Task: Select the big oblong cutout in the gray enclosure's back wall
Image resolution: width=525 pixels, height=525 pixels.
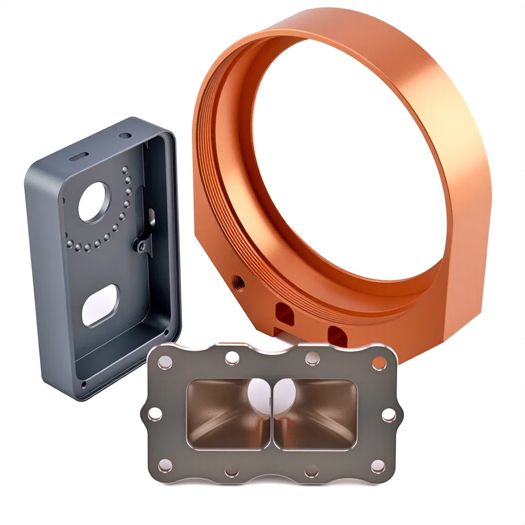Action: [101, 304]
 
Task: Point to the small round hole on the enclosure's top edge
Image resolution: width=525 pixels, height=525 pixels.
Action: [125, 135]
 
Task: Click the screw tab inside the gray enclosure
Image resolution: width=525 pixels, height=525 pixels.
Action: [140, 244]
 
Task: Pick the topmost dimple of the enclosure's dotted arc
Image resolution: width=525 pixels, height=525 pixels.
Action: [125, 169]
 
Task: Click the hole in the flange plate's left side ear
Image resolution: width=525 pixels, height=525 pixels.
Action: [154, 415]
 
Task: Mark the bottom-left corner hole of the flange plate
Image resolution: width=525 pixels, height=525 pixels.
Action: [164, 465]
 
